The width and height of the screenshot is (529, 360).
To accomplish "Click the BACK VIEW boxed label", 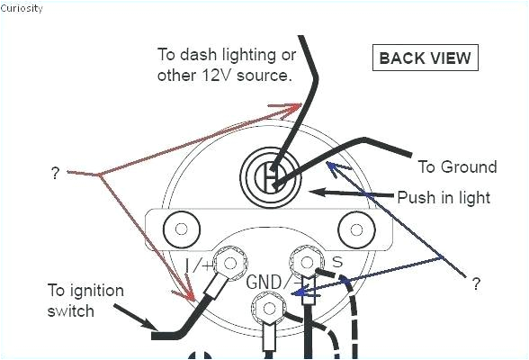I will coord(424,58).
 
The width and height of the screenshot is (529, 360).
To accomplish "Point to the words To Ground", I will coord(457,167).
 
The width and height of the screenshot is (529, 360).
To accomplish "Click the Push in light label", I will coord(444,197).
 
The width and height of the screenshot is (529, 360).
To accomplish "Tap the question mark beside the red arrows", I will coord(56,173).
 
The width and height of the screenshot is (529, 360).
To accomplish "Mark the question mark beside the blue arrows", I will coord(476,285).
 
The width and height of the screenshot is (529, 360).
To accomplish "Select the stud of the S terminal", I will coord(308,263).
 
